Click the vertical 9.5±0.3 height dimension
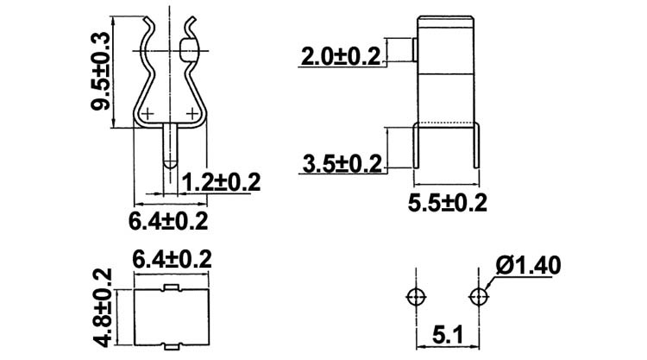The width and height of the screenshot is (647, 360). (103, 71)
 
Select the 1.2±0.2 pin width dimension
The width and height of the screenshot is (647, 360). (222, 182)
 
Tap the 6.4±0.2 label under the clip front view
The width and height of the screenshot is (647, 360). (169, 221)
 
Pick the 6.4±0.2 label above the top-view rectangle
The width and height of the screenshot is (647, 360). (173, 258)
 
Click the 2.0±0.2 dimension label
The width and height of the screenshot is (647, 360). (340, 57)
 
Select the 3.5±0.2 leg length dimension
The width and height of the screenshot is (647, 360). (341, 163)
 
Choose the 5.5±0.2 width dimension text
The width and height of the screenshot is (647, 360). (448, 203)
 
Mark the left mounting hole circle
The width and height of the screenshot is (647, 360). (416, 296)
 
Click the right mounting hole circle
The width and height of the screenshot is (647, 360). (479, 296)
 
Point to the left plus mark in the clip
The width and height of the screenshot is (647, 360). (148, 113)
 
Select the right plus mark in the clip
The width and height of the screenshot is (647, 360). (192, 112)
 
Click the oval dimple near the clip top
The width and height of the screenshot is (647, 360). (190, 50)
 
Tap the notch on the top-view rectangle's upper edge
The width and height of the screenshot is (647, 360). (172, 285)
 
